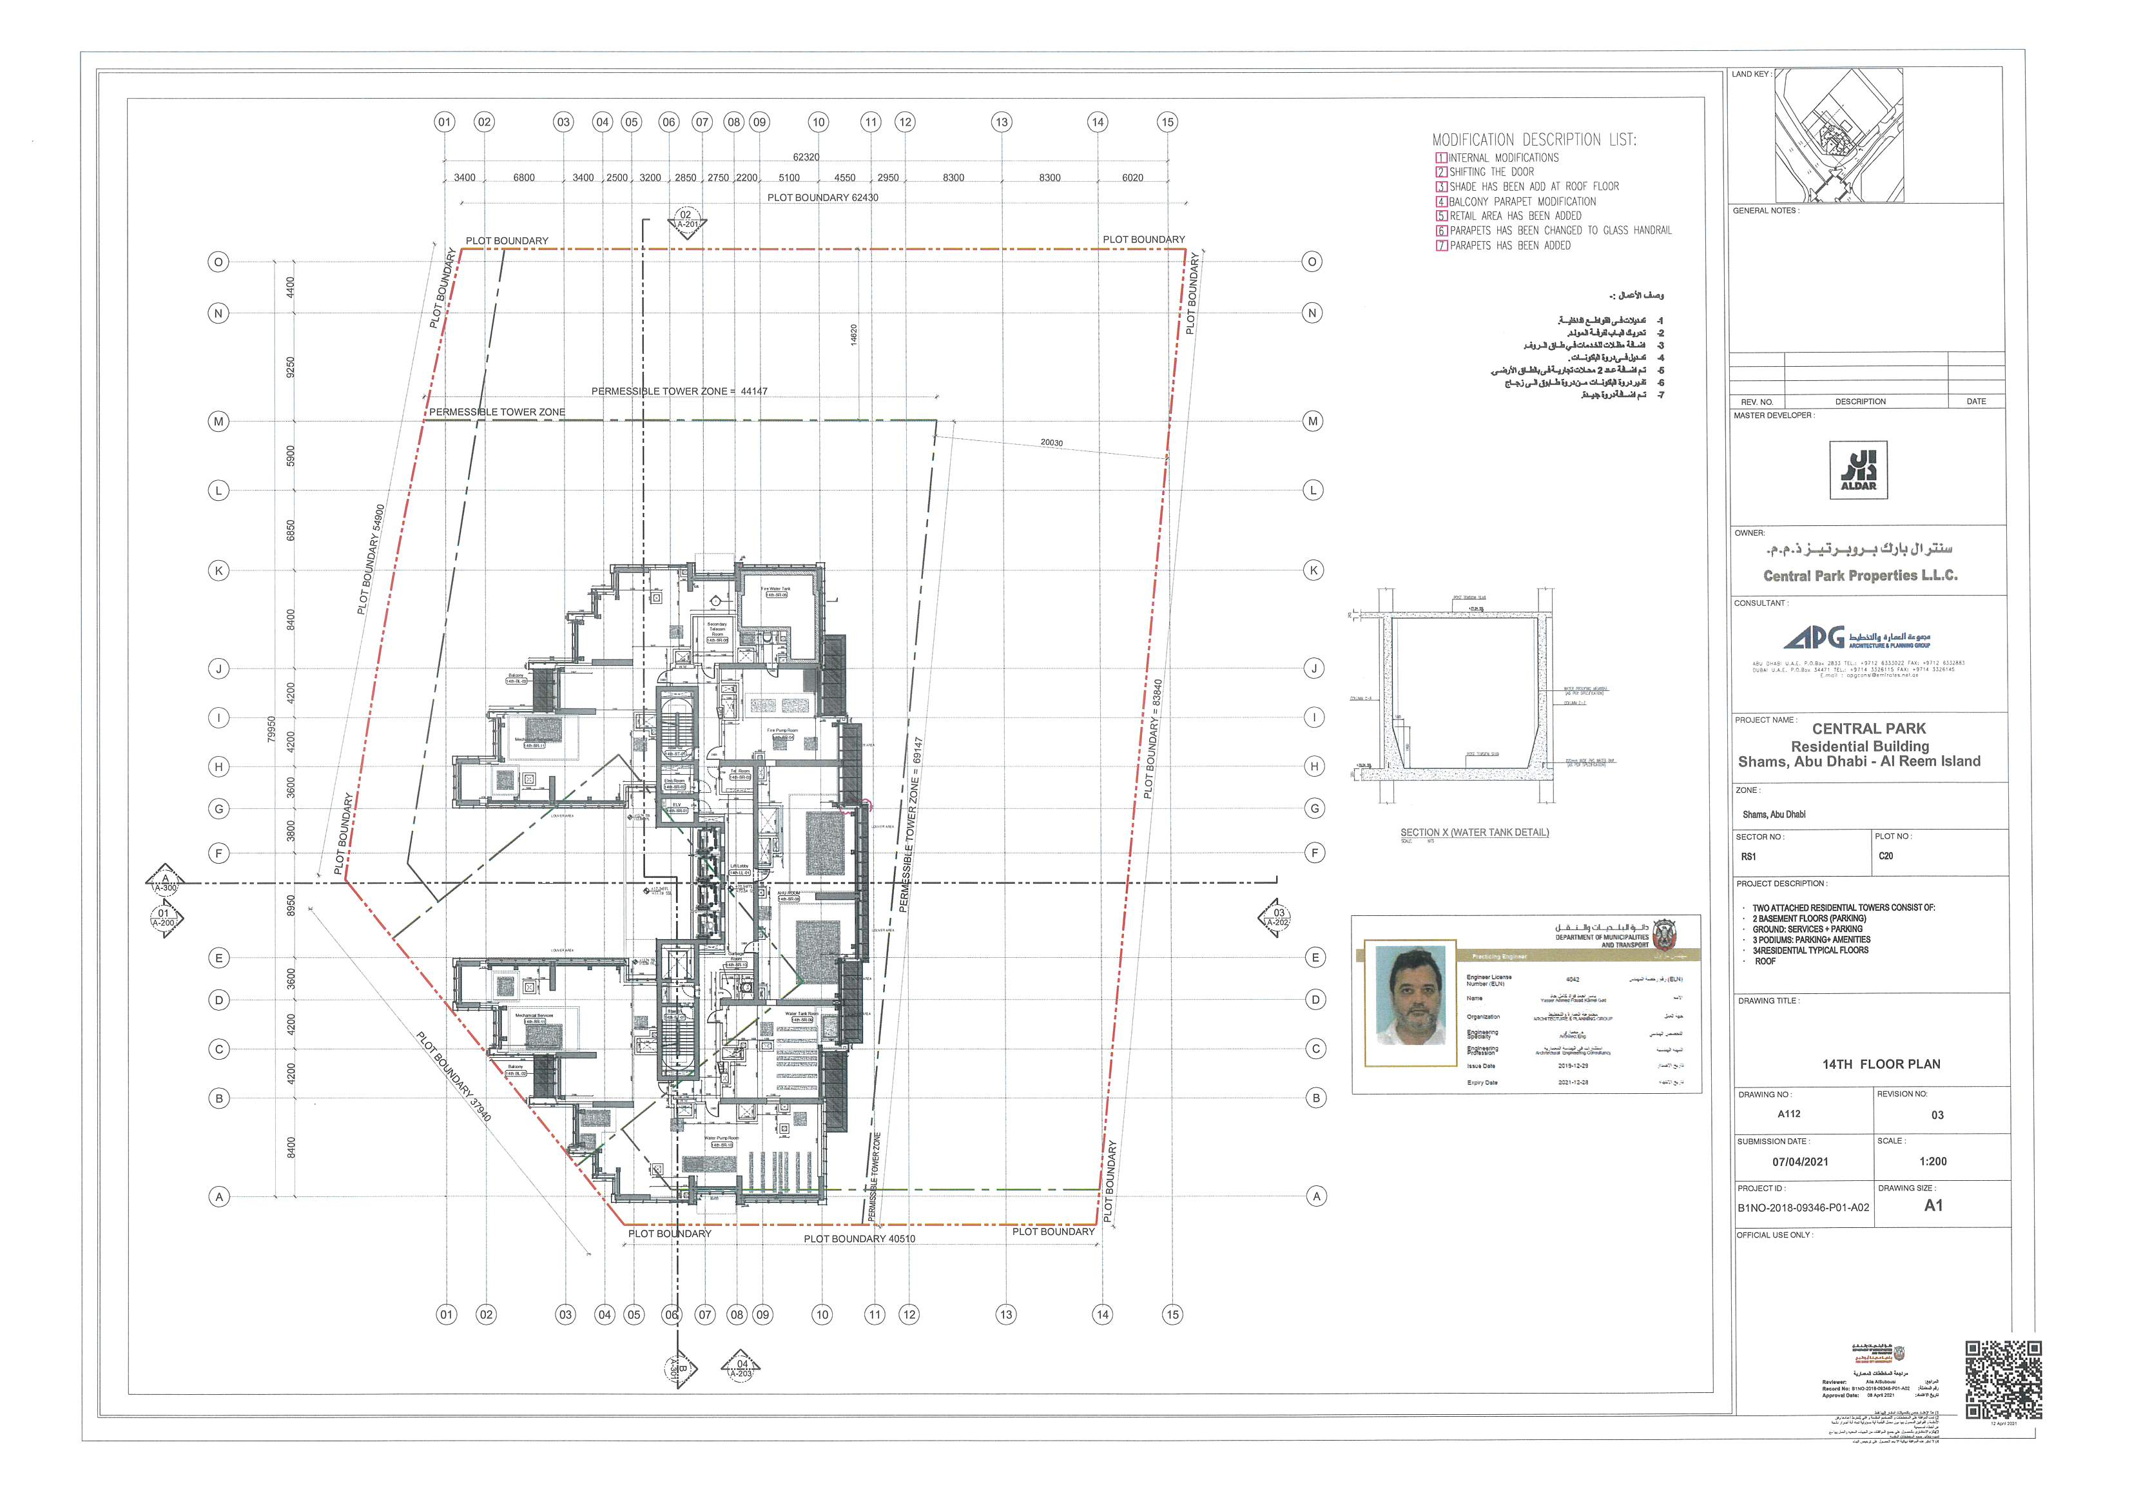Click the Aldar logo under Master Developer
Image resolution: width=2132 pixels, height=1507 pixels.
(1858, 470)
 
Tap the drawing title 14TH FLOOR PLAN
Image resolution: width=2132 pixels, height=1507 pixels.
(1881, 1064)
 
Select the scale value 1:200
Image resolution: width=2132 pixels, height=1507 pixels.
(1932, 1162)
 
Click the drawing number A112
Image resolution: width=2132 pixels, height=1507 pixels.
(1788, 1114)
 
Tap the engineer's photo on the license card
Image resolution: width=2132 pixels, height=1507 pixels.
(1410, 1006)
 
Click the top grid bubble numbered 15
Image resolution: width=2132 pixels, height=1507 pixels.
(1167, 122)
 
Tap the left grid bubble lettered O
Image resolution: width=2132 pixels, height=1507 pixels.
(218, 262)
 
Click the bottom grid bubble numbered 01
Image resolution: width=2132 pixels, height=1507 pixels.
(447, 1315)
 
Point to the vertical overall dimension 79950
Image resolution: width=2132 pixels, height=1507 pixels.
(272, 729)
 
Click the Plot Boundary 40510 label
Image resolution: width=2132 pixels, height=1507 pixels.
(859, 1239)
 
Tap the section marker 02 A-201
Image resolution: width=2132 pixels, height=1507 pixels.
(686, 221)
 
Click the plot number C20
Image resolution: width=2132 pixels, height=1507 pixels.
(1885, 856)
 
